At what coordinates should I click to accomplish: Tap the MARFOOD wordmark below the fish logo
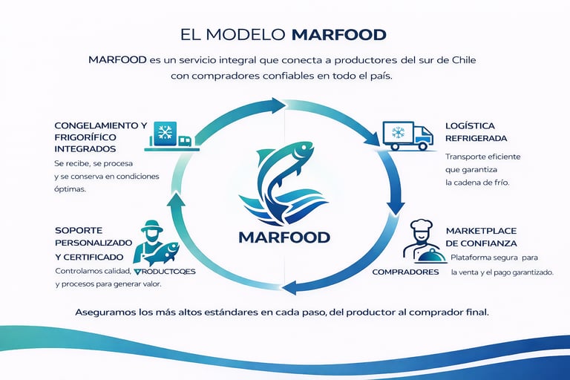(284, 237)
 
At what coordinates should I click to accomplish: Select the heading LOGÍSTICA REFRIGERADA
(476, 132)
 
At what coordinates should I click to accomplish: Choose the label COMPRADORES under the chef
(405, 272)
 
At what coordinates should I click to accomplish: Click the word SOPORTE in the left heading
(79, 229)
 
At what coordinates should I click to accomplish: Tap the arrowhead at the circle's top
(279, 105)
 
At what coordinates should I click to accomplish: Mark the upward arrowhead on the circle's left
(177, 199)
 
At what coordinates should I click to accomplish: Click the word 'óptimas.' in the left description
(70, 189)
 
